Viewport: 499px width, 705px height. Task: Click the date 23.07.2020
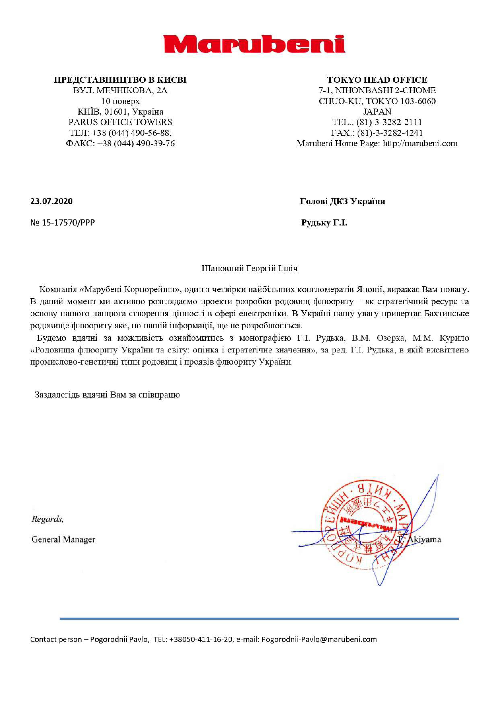pos(51,201)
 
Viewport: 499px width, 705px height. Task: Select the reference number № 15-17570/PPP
pos(62,223)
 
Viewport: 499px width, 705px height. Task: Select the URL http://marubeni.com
pos(420,143)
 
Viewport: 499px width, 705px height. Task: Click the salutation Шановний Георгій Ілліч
pos(250,269)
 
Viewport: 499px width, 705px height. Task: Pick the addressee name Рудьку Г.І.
pos(324,223)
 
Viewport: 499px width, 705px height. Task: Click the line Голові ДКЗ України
pos(342,201)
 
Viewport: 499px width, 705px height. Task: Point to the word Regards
pos(47,519)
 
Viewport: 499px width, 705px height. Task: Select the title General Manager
pos(63,539)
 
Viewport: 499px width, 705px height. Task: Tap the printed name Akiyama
pos(424,539)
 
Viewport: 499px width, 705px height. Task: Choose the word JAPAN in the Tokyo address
pos(377,112)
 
